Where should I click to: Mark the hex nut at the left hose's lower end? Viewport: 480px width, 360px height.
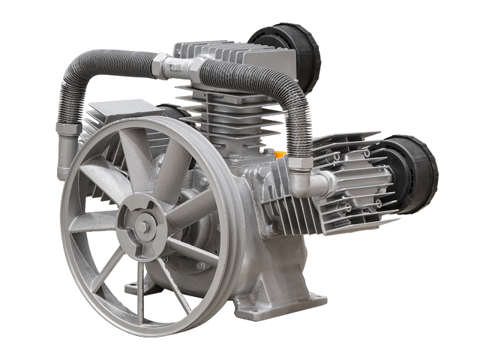coord(68,128)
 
